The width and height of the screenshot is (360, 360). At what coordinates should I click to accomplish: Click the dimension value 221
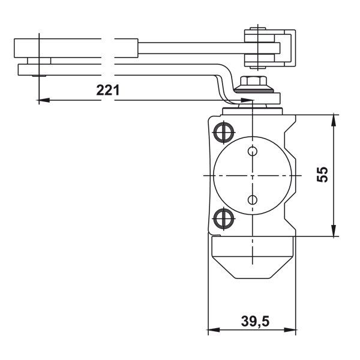109,91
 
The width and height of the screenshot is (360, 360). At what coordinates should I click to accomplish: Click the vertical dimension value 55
322,175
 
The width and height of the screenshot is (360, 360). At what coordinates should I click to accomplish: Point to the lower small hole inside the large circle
252,199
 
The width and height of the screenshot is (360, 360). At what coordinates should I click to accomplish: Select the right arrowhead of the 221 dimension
247,100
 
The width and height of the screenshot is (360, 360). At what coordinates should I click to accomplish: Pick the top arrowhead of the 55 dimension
333,117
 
